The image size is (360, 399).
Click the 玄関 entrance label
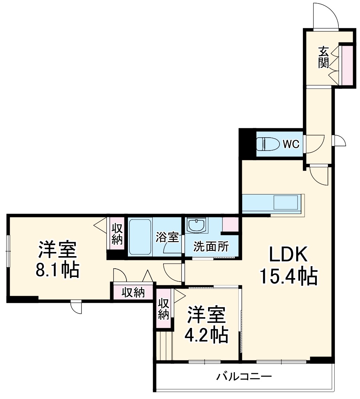pos(323,57)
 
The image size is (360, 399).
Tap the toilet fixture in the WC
pos(268,144)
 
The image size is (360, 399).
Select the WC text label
pos(291,144)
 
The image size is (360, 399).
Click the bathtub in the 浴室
pos(140,237)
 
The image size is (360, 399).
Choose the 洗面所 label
pos(211,247)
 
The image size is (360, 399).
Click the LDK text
pos(288,255)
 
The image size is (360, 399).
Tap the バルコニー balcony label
pos(244,377)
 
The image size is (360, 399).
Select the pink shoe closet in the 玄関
pos(347,65)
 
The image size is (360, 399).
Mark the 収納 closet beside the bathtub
pos(117,234)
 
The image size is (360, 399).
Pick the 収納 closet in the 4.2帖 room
pos(163,308)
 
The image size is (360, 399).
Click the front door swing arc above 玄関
pos(326,16)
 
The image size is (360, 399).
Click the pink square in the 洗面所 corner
pos(230,224)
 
